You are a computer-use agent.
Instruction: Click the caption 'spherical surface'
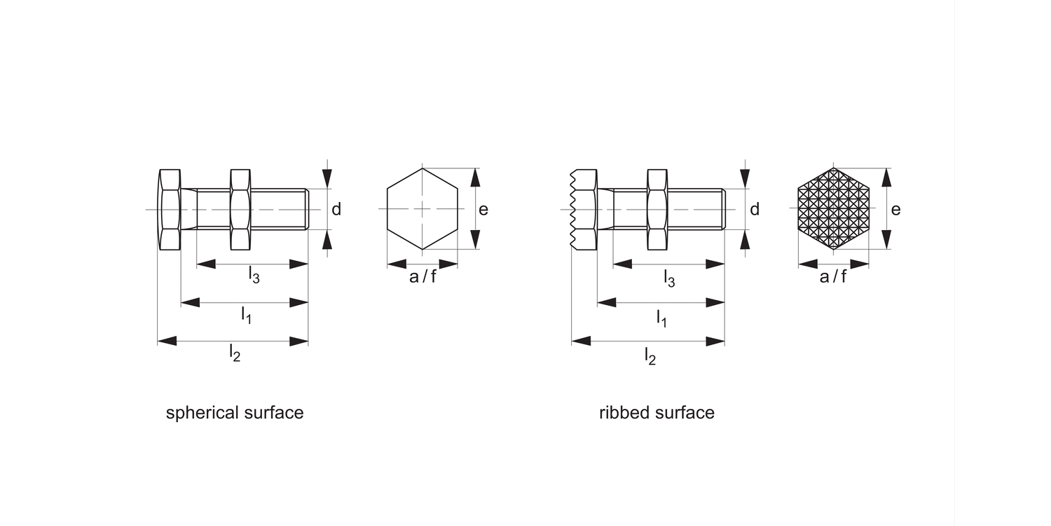pos(235,413)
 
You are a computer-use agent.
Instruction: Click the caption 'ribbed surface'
pos(657,413)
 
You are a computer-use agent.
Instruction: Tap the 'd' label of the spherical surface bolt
pos(336,209)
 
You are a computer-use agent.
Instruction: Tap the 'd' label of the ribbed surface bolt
pos(755,209)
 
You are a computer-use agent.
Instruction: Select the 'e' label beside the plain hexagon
pos(483,210)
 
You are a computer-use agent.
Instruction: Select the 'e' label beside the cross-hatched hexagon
pos(895,210)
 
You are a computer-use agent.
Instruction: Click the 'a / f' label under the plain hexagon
pos(423,276)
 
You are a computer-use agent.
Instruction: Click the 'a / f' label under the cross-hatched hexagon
pos(833,276)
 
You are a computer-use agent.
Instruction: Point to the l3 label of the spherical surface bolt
pos(254,274)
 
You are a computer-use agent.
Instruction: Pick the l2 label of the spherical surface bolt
pos(235,353)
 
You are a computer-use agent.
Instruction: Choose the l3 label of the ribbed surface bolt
pos(669,278)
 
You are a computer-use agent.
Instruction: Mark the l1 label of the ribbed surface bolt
pos(661,318)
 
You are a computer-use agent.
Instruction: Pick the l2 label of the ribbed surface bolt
pos(650,356)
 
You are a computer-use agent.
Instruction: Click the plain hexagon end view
pos(423,209)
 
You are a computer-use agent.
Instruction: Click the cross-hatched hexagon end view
pos(833,209)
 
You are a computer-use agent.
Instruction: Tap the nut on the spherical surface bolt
pos(241,210)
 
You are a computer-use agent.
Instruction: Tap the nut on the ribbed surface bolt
pos(657,210)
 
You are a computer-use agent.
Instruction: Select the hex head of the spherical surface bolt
pos(170,210)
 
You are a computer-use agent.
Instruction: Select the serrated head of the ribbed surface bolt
pos(583,210)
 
